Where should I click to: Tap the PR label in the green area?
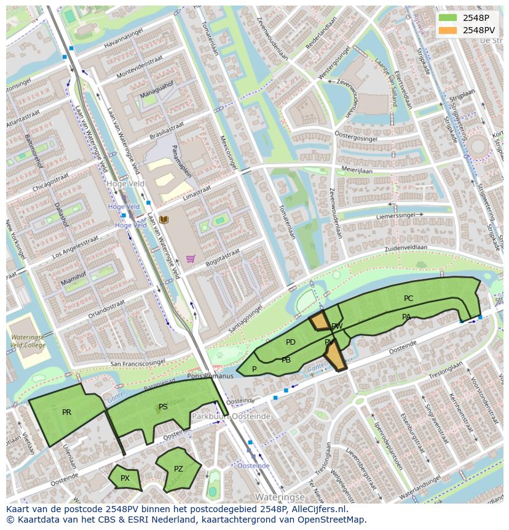pyautogui.click(x=66, y=412)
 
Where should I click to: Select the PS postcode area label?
pyautogui.click(x=163, y=407)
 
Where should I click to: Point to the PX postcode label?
pyautogui.click(x=125, y=478)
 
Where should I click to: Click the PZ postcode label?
pyautogui.click(x=178, y=469)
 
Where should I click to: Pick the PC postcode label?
pyautogui.click(x=408, y=299)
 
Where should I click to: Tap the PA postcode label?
pyautogui.click(x=406, y=317)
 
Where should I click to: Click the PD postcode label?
pyautogui.click(x=291, y=342)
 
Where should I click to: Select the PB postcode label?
pyautogui.click(x=286, y=360)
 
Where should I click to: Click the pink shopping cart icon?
pyautogui.click(x=191, y=259)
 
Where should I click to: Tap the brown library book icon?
pyautogui.click(x=164, y=220)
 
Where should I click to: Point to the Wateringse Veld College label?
pyautogui.click(x=27, y=341)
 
